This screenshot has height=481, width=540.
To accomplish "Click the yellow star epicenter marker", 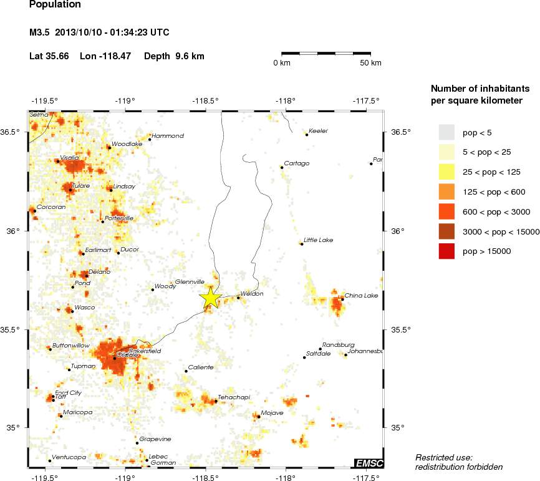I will (211, 298).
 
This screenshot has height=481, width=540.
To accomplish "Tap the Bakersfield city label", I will (145, 352).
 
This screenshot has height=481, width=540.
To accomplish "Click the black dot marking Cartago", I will (282, 167).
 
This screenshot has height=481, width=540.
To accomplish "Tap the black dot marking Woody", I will (153, 289).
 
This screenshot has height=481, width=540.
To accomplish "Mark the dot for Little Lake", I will (301, 243).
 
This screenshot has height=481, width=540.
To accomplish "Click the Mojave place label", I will (272, 412).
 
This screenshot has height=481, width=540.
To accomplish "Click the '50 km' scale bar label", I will (371, 63).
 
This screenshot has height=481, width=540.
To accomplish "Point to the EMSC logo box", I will (369, 462).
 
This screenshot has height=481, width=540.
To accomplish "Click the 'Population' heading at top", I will (55, 5).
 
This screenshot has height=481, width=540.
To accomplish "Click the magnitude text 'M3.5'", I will (40, 32).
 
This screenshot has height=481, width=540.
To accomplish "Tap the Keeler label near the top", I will (319, 130).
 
